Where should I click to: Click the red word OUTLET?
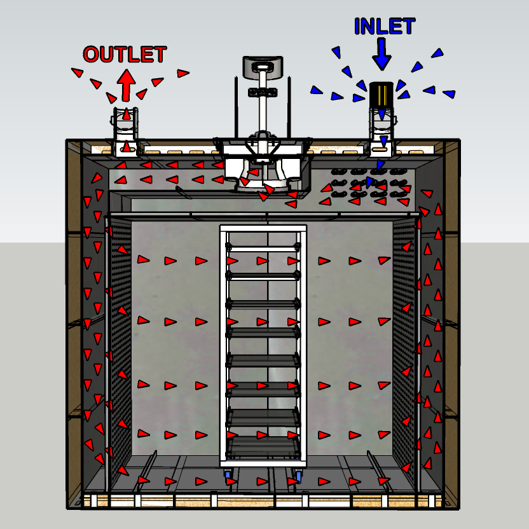(x=125, y=55)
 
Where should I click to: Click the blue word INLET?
(x=384, y=27)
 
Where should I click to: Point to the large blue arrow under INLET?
(x=381, y=53)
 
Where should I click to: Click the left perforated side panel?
(x=121, y=343)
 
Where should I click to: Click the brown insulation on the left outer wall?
(x=74, y=318)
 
